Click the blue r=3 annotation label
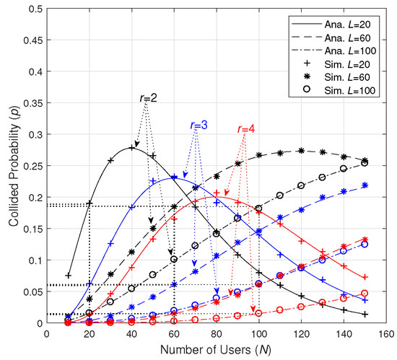[198, 125]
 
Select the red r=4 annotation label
[245, 129]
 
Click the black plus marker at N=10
[68, 276]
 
